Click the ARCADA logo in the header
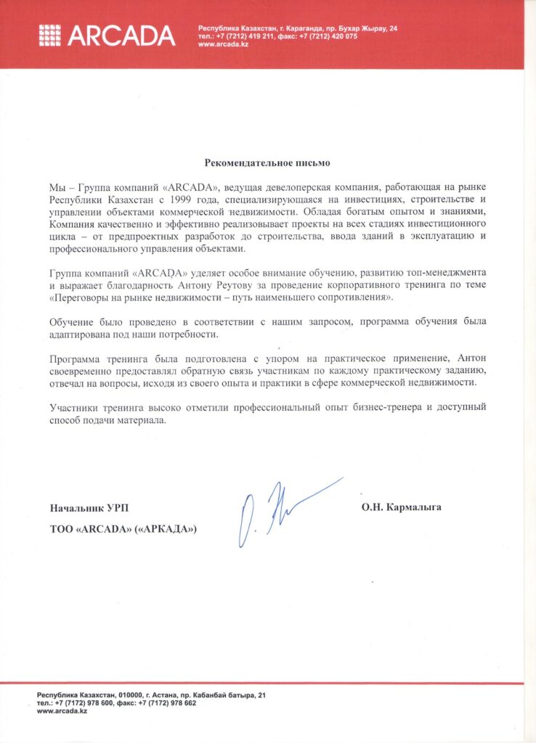click(x=107, y=35)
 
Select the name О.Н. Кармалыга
click(x=401, y=507)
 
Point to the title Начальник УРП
click(x=92, y=507)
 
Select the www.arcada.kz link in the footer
click(x=62, y=712)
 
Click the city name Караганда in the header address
click(x=283, y=28)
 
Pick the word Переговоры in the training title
click(x=84, y=297)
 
